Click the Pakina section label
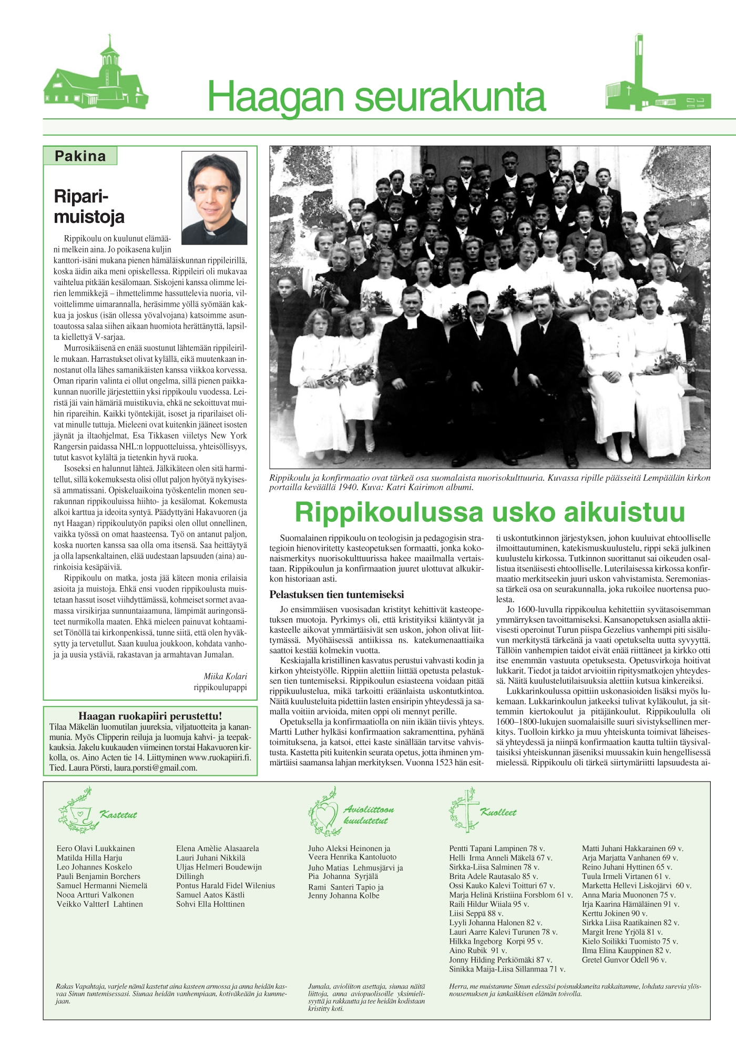[x=80, y=156]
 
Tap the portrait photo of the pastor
[x=214, y=198]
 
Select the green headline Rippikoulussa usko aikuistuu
[x=489, y=512]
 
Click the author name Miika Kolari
[x=225, y=676]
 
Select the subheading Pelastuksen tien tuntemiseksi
[x=336, y=595]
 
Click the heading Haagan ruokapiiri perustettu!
[x=150, y=716]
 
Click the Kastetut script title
[x=118, y=815]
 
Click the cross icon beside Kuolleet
[x=466, y=810]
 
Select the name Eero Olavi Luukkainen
[x=96, y=848]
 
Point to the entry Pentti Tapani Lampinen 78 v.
[x=497, y=848]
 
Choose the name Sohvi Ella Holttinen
[x=210, y=904]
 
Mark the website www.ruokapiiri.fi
[x=219, y=757]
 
